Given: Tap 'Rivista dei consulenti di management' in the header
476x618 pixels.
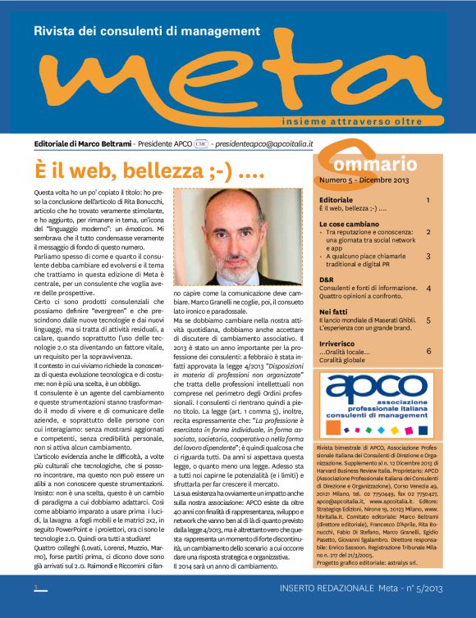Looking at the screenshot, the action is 145,31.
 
